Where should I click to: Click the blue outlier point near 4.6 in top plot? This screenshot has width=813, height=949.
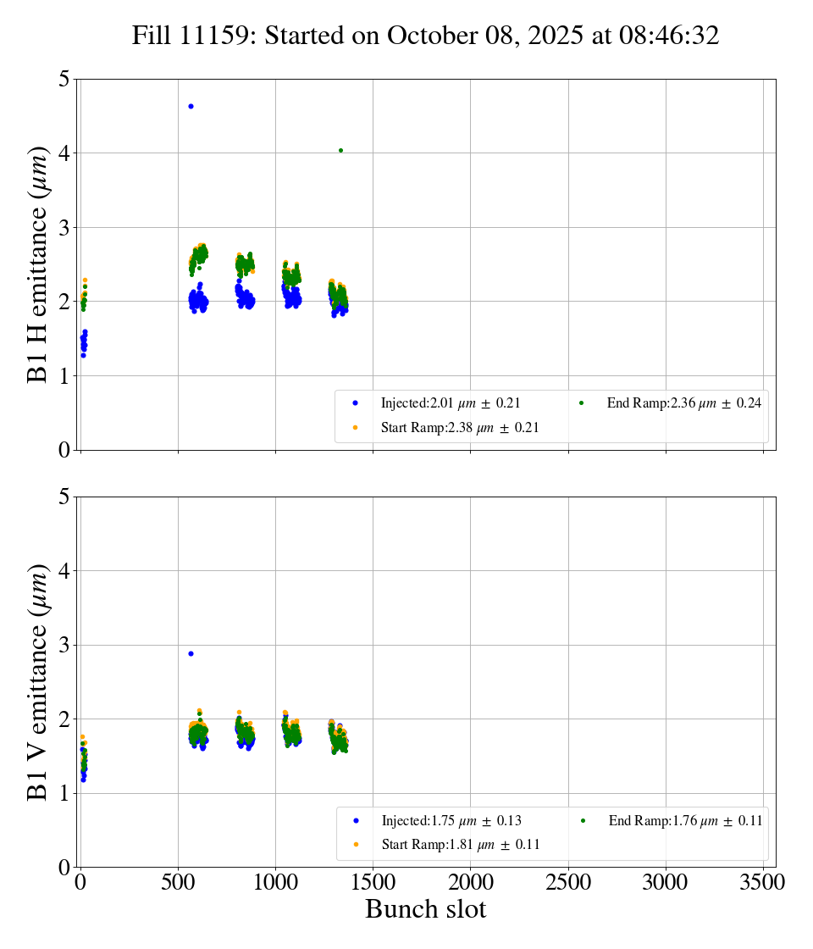(191, 106)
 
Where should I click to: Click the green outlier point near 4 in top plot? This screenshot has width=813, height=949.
(340, 150)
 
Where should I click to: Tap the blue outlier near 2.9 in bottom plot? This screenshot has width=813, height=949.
(191, 653)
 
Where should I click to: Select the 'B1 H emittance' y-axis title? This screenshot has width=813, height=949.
(37, 264)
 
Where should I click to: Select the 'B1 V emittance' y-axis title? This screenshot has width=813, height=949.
(37, 682)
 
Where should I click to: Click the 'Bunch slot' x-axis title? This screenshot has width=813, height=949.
(425, 909)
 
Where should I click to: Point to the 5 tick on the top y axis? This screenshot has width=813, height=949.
(62, 80)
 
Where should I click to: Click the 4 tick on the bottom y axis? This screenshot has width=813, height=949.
(62, 571)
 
